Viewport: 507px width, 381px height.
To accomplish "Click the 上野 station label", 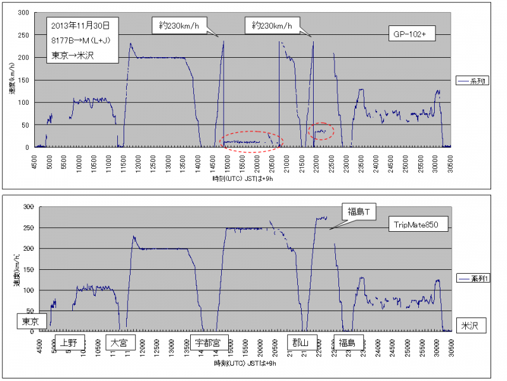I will (68, 342).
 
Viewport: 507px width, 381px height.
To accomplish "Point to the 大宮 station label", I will (119, 342).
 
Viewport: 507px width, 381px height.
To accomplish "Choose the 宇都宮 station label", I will (209, 342).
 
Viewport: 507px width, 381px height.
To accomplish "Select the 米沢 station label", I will (470, 326).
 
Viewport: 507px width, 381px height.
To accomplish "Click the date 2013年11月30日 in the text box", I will (81, 26).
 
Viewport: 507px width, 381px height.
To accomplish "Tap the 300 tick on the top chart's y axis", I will (24, 13).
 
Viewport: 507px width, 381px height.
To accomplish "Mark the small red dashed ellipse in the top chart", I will (321, 131).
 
